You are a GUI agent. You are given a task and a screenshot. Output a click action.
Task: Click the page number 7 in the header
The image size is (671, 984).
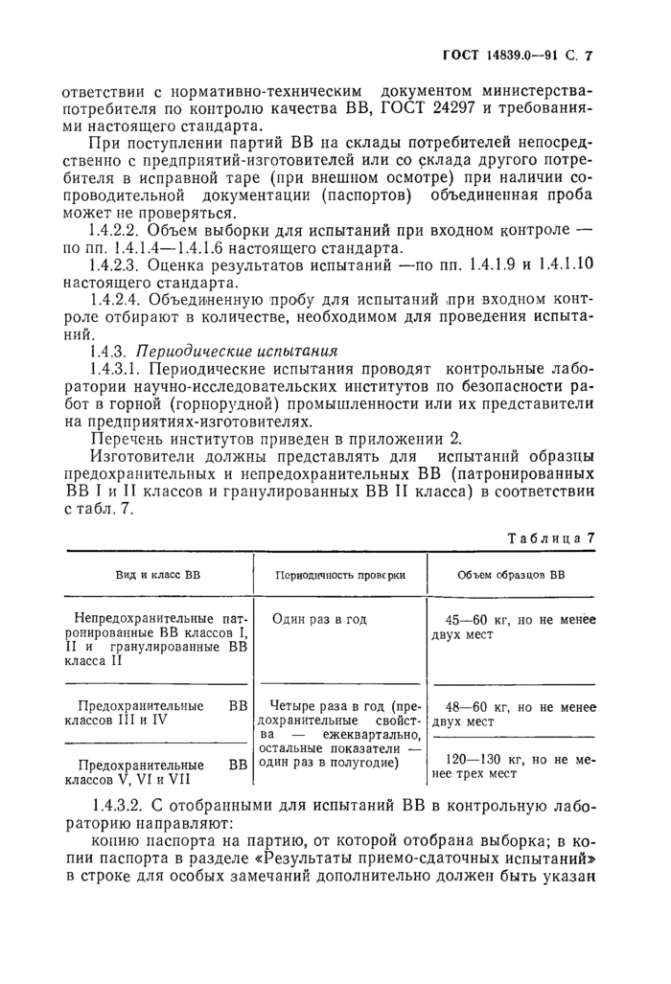590,56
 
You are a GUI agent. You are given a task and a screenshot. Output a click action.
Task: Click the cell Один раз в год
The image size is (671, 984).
319,620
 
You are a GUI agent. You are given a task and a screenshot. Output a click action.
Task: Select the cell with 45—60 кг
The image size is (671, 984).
513,628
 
